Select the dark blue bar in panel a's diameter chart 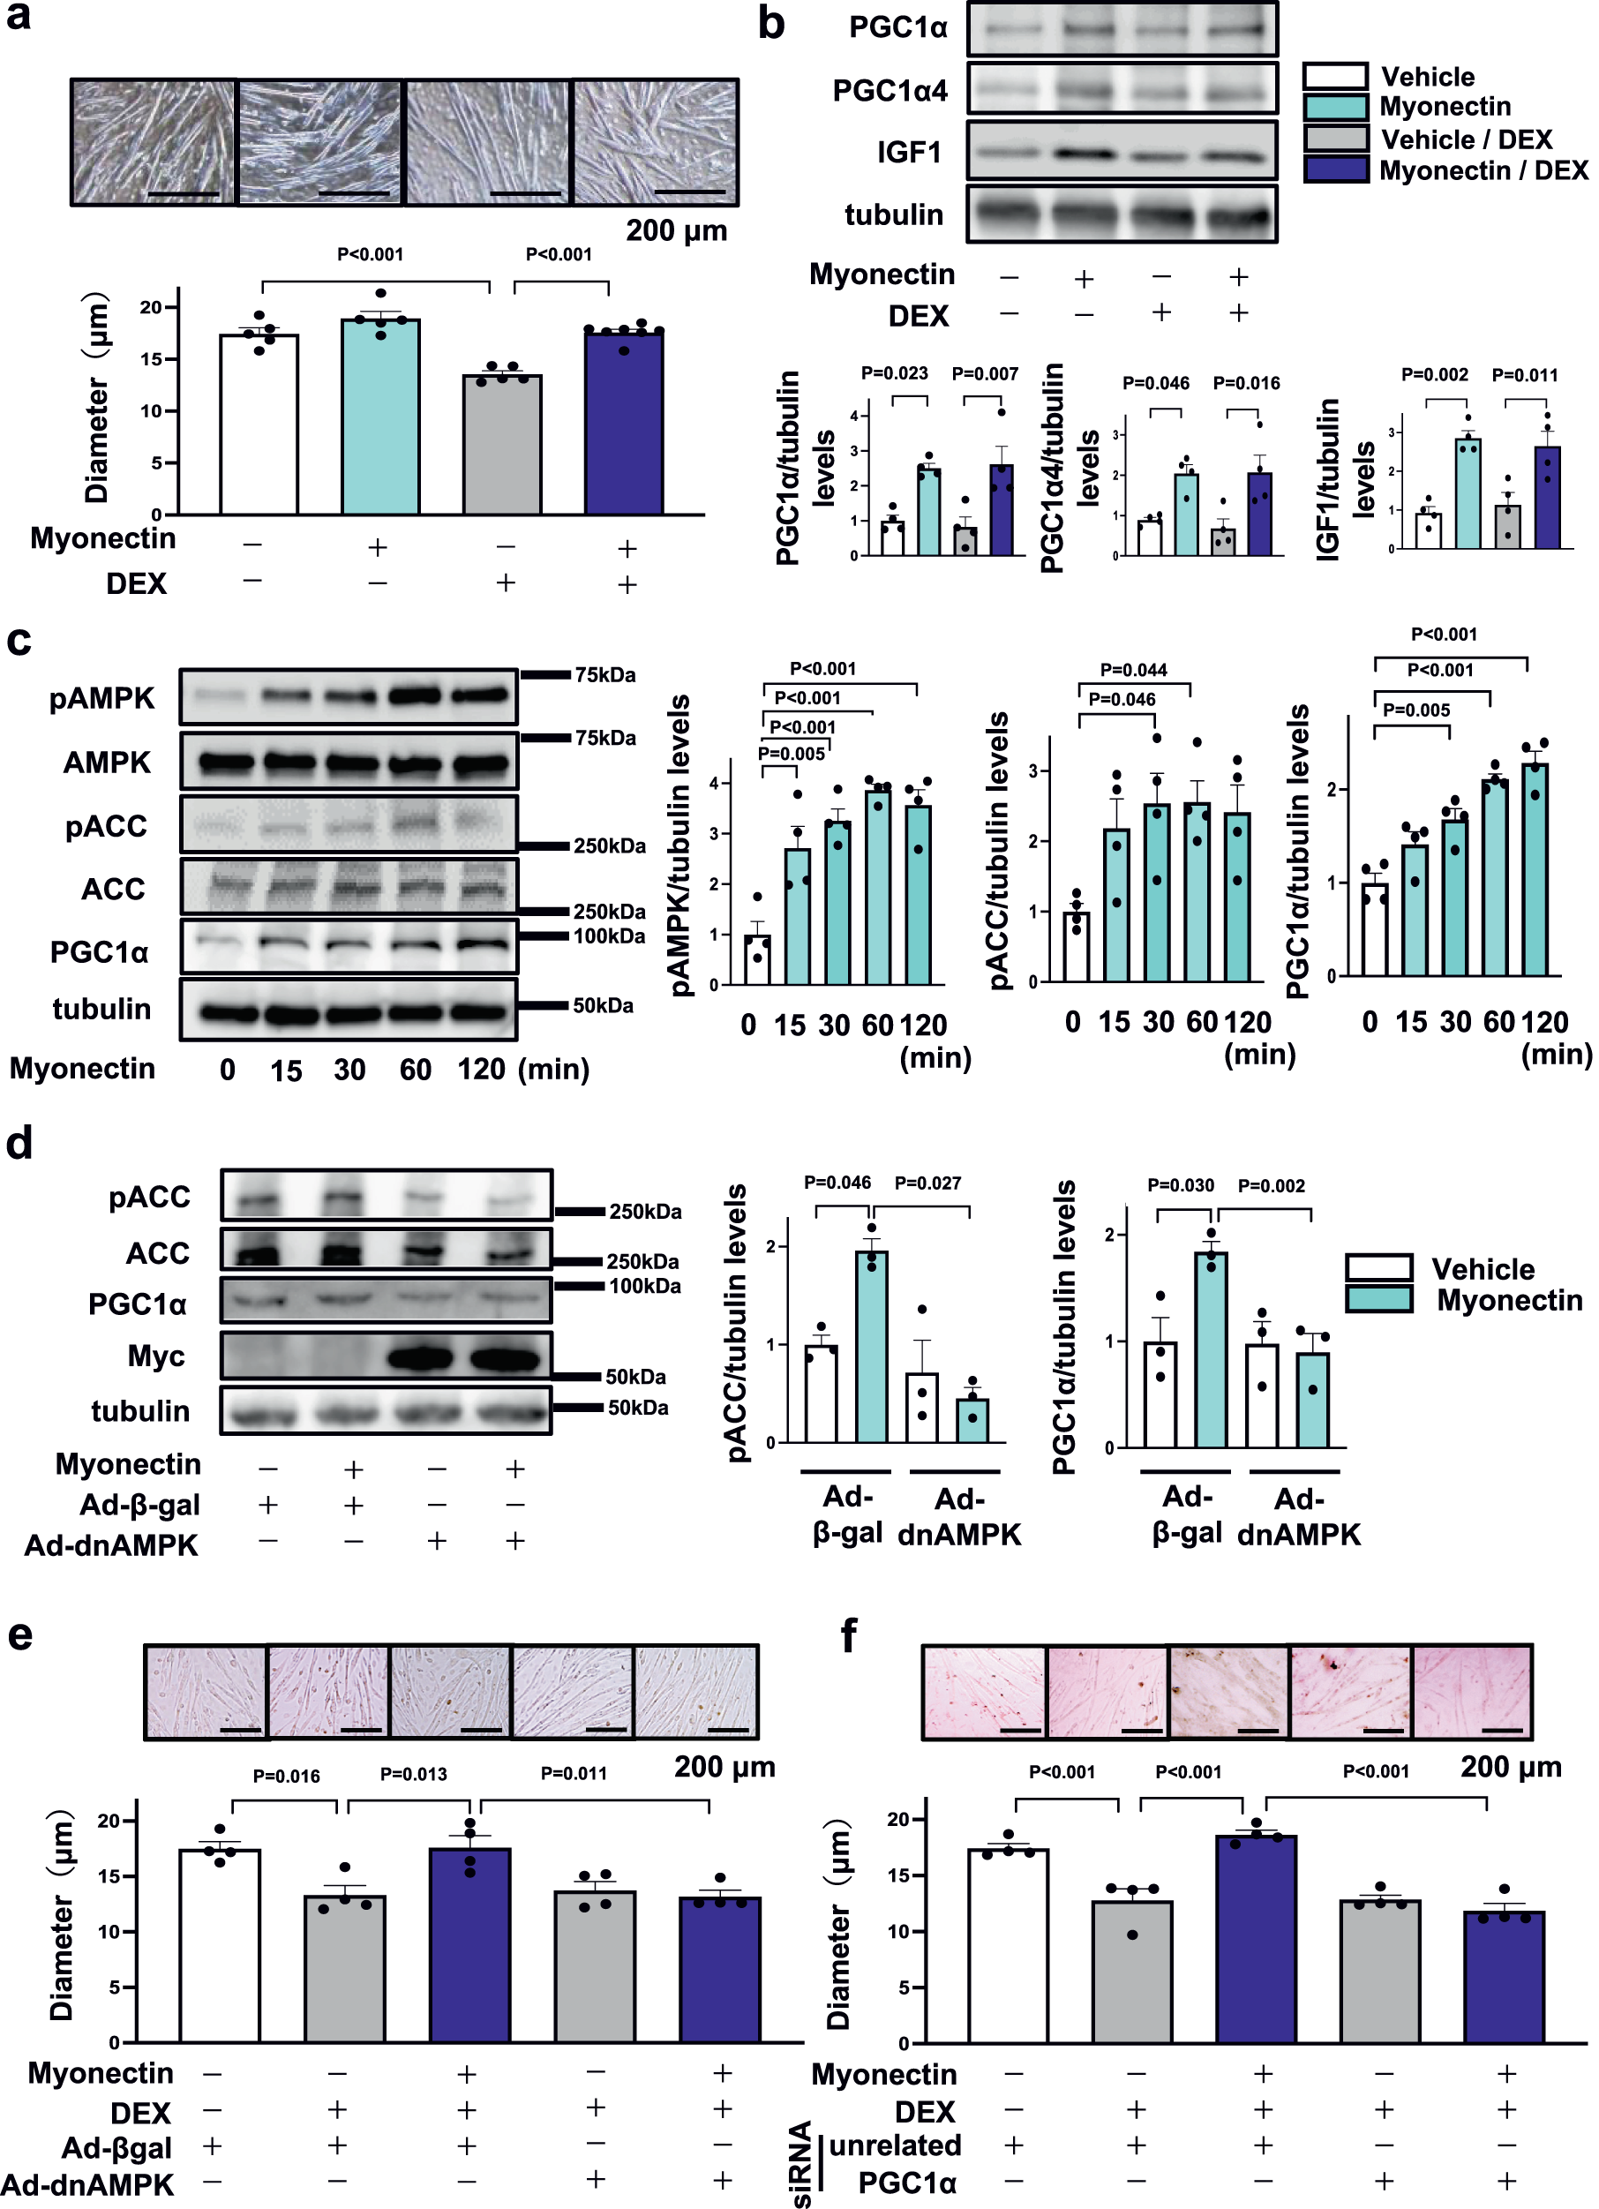(624, 424)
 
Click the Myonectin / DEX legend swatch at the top (1336, 169)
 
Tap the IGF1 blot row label (909, 153)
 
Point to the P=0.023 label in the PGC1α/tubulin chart (894, 373)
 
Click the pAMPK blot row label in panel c (102, 698)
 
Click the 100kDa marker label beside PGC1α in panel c (609, 936)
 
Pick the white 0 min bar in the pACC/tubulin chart (1076, 946)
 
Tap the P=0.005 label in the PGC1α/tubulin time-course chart (1416, 710)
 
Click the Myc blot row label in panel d (156, 1356)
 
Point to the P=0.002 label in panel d (1271, 1185)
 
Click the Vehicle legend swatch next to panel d (1378, 1267)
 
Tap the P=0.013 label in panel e (413, 1774)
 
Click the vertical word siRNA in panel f (800, 2162)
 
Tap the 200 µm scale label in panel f (1511, 1766)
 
